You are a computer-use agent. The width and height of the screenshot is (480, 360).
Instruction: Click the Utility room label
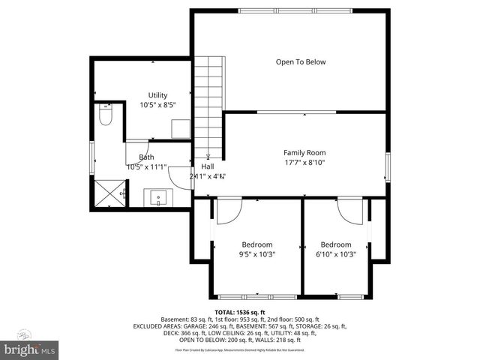click(157, 95)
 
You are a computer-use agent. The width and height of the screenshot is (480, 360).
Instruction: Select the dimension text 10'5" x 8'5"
click(157, 106)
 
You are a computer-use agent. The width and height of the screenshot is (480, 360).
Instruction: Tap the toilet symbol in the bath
click(106, 117)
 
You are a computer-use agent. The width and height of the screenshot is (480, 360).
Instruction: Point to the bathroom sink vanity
click(158, 197)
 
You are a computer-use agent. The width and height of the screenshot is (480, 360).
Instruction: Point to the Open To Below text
click(301, 62)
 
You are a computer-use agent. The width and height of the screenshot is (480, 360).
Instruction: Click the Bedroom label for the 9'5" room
click(256, 244)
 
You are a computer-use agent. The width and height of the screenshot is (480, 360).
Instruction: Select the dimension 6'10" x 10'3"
click(336, 254)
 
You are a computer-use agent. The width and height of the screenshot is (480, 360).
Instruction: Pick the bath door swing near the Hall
click(181, 175)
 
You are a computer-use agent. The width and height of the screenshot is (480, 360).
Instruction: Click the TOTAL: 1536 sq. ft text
click(240, 312)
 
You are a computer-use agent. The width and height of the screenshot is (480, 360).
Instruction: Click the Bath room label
click(145, 157)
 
